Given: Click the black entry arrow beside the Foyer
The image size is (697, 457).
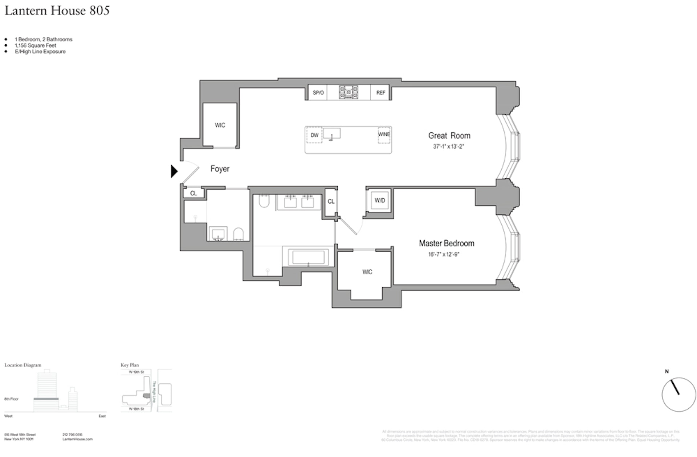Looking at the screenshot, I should click(x=174, y=171).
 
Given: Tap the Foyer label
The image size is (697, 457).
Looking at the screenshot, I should click(x=220, y=169).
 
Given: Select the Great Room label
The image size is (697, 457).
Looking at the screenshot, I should click(x=449, y=136).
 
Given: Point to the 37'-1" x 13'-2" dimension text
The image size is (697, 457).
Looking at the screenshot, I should click(x=449, y=147).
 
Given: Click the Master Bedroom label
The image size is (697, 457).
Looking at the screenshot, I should click(x=447, y=243).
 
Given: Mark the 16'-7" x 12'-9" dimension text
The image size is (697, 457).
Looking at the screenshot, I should click(x=444, y=255).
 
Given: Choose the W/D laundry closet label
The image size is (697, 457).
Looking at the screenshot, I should click(x=380, y=201).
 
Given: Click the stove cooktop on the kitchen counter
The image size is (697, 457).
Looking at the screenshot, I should click(x=348, y=92).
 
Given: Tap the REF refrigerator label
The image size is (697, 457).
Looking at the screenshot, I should click(x=380, y=93).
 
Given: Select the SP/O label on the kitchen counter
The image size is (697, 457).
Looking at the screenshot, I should click(x=318, y=93).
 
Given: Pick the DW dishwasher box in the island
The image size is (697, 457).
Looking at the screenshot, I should click(x=314, y=135).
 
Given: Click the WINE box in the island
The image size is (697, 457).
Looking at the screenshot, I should click(x=384, y=135).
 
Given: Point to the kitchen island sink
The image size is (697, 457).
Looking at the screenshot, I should click(x=332, y=133).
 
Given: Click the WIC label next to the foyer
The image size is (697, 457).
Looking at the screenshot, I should click(x=220, y=125).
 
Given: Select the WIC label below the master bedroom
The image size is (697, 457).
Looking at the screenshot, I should click(x=367, y=272).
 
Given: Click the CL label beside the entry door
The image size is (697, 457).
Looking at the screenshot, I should click(x=193, y=193).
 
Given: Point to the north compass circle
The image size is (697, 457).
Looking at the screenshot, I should click(x=678, y=394).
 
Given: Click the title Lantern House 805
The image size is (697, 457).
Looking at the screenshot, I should click(x=57, y=11).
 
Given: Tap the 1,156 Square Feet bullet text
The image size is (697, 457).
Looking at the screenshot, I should click(x=36, y=45).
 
